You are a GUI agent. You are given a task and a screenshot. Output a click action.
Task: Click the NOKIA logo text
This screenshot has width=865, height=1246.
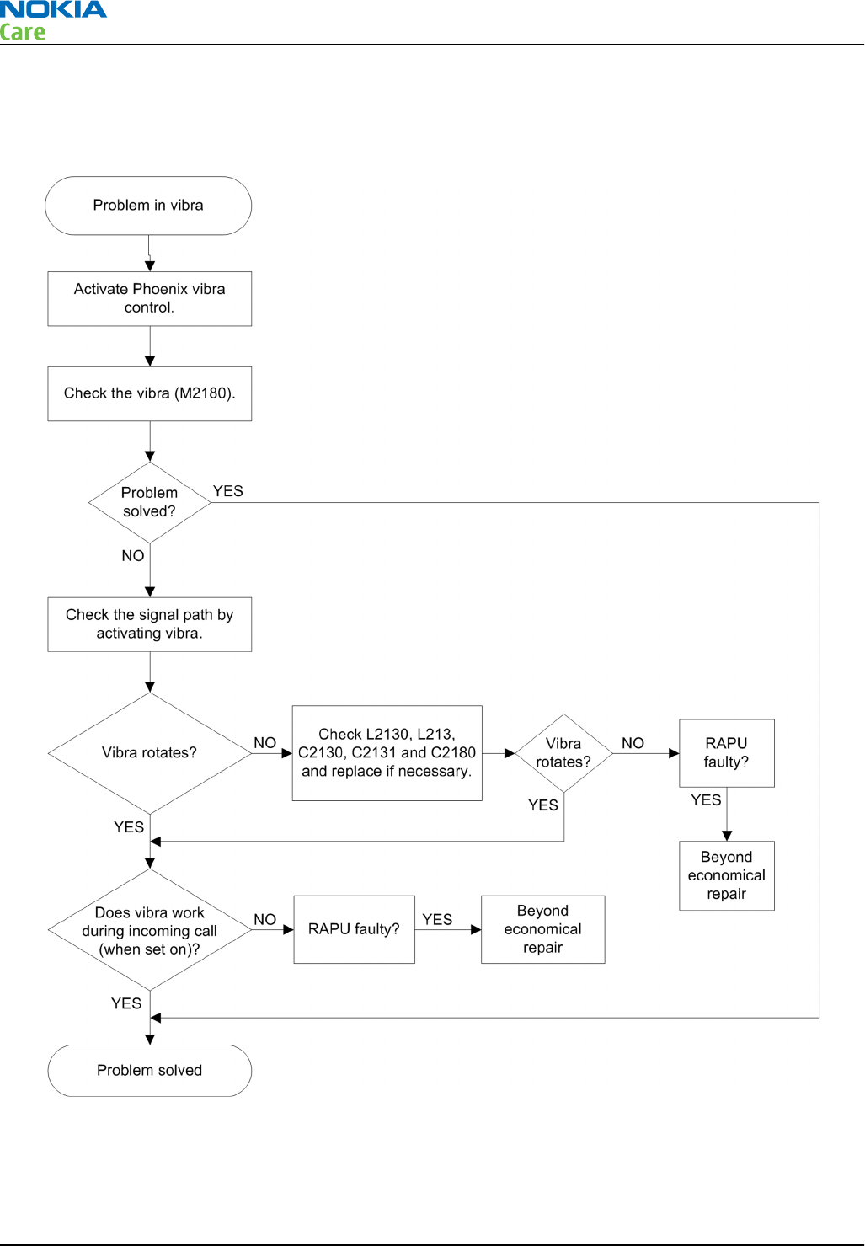(53, 9)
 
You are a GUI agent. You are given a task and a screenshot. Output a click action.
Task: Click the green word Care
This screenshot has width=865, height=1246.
(22, 32)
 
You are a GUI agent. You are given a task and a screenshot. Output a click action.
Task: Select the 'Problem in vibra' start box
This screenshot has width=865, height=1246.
(148, 206)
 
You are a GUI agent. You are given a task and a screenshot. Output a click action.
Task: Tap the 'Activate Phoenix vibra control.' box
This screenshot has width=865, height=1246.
(150, 298)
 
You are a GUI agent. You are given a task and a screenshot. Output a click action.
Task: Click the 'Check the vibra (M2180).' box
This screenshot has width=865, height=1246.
(150, 393)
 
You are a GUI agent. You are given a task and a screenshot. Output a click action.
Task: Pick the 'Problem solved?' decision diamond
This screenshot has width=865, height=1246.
(150, 502)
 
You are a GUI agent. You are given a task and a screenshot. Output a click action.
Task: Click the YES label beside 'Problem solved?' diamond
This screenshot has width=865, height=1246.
(228, 490)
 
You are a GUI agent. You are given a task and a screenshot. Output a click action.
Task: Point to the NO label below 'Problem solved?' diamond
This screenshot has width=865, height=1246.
(133, 555)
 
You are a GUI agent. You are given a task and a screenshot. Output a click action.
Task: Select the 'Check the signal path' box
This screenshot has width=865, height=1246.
(150, 624)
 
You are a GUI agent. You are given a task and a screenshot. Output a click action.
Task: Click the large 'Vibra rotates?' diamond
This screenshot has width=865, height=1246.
(150, 753)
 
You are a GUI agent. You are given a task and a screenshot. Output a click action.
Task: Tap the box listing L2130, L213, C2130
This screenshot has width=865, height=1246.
(387, 753)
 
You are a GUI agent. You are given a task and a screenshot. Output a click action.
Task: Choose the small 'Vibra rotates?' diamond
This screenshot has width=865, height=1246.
(563, 753)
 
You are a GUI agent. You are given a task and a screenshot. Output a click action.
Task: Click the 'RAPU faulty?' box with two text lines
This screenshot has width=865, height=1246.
(727, 753)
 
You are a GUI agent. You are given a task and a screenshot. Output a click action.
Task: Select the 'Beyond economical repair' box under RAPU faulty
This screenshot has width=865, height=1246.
(727, 875)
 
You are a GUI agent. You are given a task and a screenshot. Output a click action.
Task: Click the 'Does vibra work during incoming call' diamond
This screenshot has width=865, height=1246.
(150, 929)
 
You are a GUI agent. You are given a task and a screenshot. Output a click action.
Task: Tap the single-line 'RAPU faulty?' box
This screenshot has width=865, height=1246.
(355, 929)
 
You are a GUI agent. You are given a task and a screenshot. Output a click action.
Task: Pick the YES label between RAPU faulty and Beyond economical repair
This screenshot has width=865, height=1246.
(437, 919)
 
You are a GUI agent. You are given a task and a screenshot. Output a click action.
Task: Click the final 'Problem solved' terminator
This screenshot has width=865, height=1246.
(150, 1070)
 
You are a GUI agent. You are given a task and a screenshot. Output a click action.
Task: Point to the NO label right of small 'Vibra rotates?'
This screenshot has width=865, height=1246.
(633, 742)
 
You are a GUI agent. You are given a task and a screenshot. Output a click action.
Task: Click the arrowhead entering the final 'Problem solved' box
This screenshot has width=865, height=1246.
(150, 1039)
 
